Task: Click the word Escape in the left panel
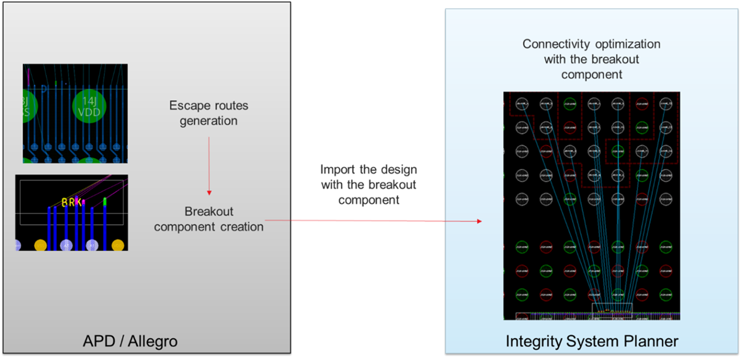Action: tap(188, 106)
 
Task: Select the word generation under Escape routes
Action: tap(208, 121)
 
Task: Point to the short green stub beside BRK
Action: tap(105, 202)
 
